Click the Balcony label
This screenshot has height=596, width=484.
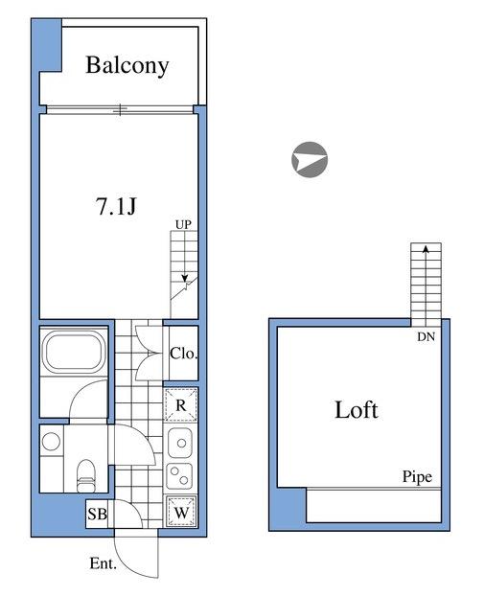pyautogui.click(x=127, y=65)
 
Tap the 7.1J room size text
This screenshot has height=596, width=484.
pyautogui.click(x=116, y=207)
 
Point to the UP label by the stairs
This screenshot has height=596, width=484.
pyautogui.click(x=183, y=224)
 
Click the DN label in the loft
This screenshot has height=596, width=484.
pyautogui.click(x=426, y=336)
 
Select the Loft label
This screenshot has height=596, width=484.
pyautogui.click(x=357, y=410)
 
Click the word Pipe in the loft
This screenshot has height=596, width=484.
pyautogui.click(x=417, y=477)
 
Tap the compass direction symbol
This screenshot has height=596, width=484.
pyautogui.click(x=310, y=160)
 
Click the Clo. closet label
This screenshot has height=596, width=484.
pyautogui.click(x=184, y=354)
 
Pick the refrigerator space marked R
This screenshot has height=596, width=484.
pyautogui.click(x=181, y=405)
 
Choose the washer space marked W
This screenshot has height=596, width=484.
pyautogui.click(x=181, y=512)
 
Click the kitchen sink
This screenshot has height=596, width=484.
pyautogui.click(x=180, y=443)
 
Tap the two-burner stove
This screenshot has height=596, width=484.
pyautogui.click(x=179, y=476)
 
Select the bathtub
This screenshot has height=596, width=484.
pyautogui.click(x=74, y=351)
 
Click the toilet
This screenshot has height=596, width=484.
pyautogui.click(x=85, y=476)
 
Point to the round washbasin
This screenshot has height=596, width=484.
pyautogui.click(x=51, y=442)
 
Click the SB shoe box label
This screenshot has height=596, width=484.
pyautogui.click(x=97, y=514)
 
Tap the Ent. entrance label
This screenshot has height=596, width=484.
pyautogui.click(x=103, y=563)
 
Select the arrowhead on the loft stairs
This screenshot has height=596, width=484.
pyautogui.click(x=426, y=249)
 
